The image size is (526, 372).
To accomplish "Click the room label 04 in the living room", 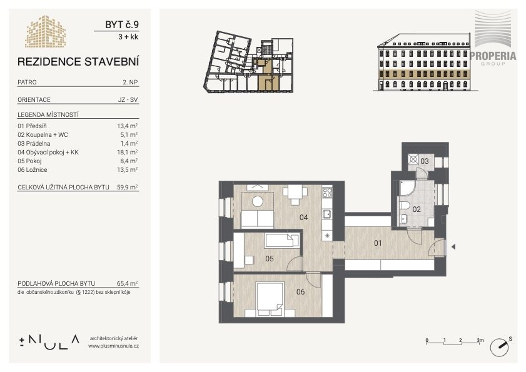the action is (x=303, y=218).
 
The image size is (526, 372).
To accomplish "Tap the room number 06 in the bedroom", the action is (x=301, y=292).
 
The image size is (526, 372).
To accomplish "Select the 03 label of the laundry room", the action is (x=425, y=161).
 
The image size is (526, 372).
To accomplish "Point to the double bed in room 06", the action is (x=270, y=299).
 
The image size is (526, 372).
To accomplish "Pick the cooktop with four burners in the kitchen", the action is (x=327, y=193).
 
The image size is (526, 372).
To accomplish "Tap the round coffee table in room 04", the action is (x=258, y=201).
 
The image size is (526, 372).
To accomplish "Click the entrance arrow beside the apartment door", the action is (x=453, y=247).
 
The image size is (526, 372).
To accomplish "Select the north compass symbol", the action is (x=500, y=347).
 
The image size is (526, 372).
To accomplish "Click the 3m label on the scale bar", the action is (x=480, y=340).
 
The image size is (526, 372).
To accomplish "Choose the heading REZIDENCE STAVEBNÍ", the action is (x=78, y=62).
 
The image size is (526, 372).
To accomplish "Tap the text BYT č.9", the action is (x=122, y=24).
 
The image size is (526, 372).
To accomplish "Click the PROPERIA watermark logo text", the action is (x=493, y=56).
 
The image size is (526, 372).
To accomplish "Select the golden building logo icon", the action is (x=45, y=31).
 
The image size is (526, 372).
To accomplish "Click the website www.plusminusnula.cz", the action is (x=114, y=346).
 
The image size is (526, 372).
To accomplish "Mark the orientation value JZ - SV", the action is (x=128, y=99).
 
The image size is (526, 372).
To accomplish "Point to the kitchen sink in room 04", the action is (x=327, y=214).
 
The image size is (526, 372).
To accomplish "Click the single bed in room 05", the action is (x=282, y=241).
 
